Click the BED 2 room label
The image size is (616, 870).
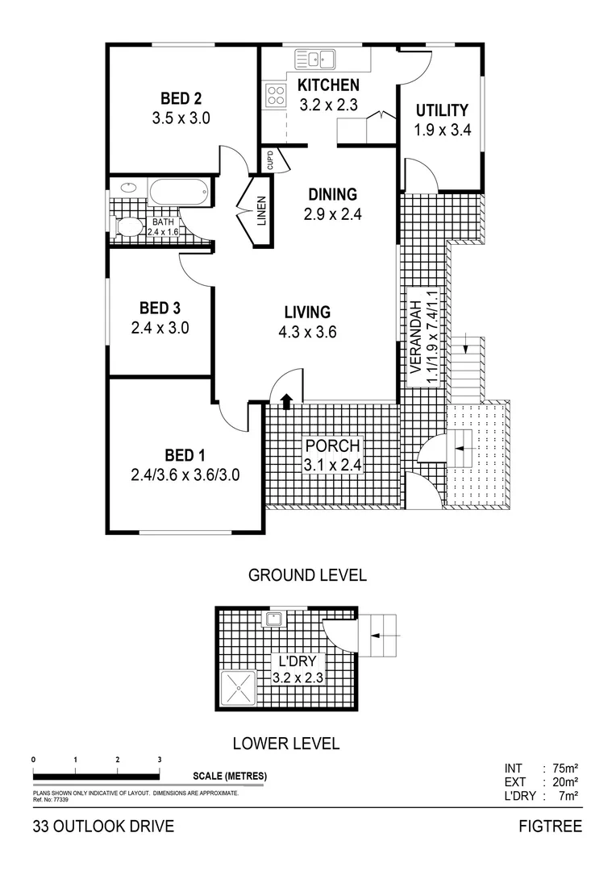(181, 99)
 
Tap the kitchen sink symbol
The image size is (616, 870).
(315, 60)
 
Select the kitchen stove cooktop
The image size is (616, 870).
(276, 95)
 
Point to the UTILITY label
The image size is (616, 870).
(441, 110)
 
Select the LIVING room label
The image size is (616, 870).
(306, 312)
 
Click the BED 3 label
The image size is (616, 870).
(160, 308)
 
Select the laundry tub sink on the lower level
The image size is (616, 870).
(275, 619)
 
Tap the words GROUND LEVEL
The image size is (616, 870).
(307, 575)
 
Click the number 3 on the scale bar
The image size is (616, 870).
(160, 759)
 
